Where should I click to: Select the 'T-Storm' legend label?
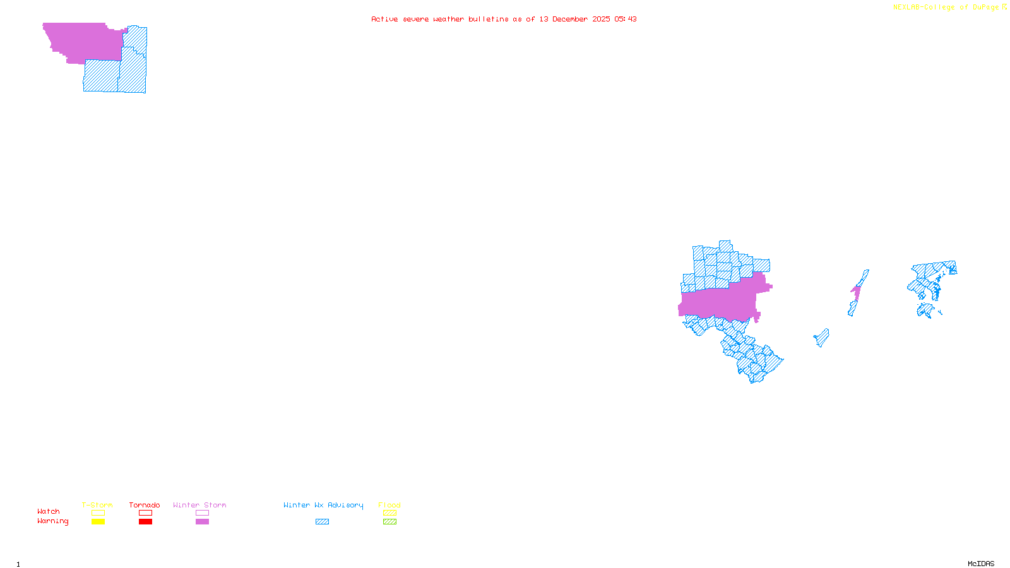(97, 505)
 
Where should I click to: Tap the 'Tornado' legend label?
(145, 505)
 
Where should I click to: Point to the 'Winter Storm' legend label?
(199, 505)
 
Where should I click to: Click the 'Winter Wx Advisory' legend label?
(323, 505)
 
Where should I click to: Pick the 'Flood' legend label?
(389, 505)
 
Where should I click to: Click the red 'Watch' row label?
(49, 511)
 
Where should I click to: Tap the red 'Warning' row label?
(53, 521)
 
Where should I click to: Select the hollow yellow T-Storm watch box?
(98, 513)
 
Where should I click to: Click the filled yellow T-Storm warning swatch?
(98, 522)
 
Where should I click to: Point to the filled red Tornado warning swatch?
(145, 522)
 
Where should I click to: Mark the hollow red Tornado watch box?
(145, 513)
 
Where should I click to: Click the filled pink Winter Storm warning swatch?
(202, 522)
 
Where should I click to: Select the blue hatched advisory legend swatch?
(322, 522)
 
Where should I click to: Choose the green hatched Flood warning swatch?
(389, 522)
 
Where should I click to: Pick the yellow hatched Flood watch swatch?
(389, 513)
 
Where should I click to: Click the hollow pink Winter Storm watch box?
(202, 513)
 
